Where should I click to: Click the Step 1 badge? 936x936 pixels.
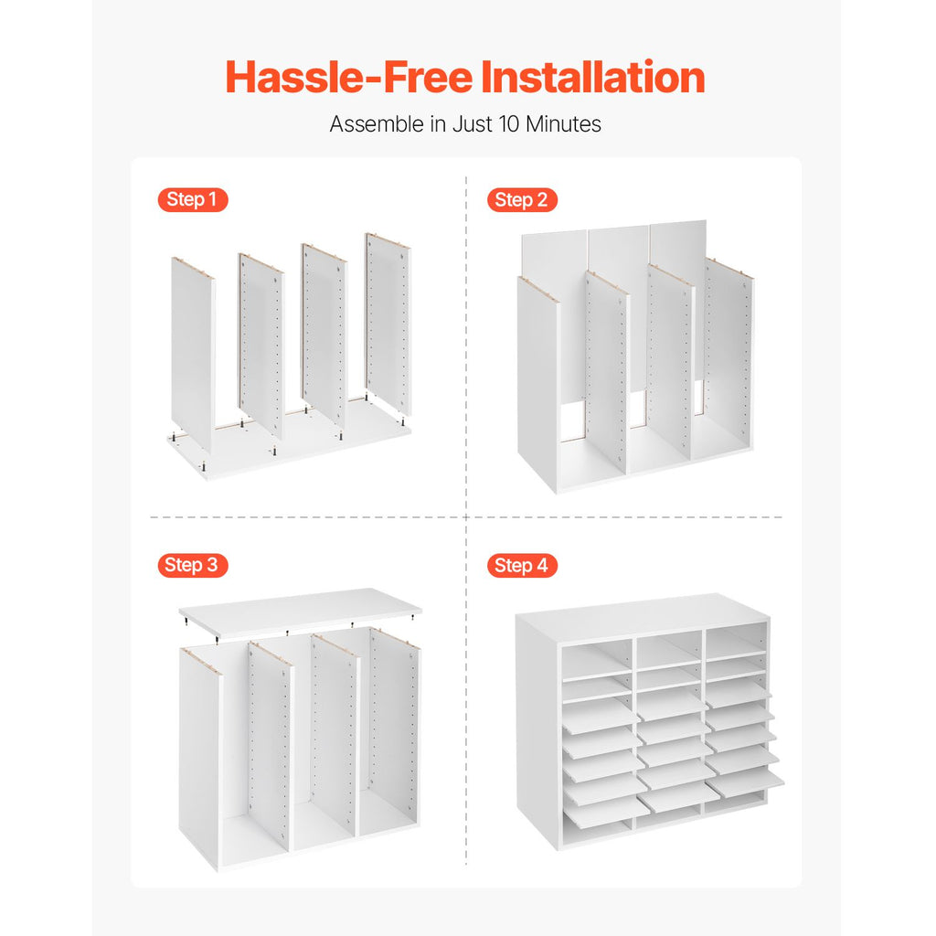pos(193,199)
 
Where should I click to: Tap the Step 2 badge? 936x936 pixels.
pos(522,199)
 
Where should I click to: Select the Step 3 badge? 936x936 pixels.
pos(193,565)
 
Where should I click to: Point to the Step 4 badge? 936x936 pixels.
pos(522,565)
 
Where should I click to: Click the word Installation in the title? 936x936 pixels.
pos(592,77)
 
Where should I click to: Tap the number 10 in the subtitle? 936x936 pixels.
pos(509,124)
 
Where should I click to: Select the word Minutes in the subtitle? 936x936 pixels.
pos(563,124)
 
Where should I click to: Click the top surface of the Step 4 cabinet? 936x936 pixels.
pos(642,618)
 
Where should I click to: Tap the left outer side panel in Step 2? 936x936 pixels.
pos(537,382)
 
